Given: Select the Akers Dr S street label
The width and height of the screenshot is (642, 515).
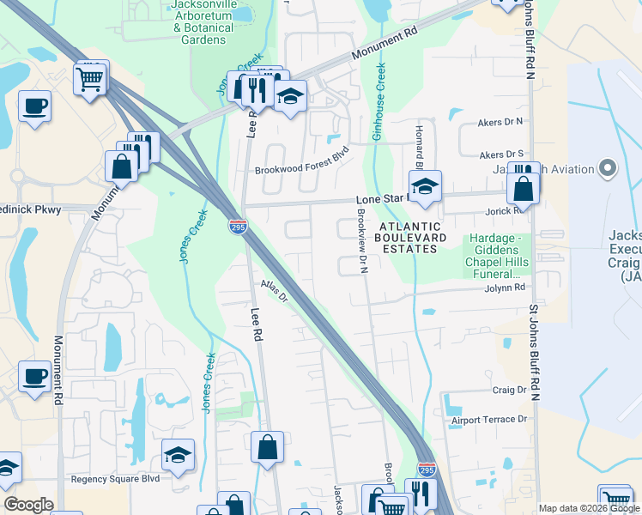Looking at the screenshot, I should (501, 154).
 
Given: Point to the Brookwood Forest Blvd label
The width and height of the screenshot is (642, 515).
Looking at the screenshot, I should (302, 169).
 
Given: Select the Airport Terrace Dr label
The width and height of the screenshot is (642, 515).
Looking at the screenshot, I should (485, 419).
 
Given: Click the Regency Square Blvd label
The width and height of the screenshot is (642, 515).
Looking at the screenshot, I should (115, 480).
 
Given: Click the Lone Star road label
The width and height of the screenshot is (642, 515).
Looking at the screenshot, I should (380, 199).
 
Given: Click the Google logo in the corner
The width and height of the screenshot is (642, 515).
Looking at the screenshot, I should (28, 505).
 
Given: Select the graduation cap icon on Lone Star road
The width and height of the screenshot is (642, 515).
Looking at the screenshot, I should (424, 187).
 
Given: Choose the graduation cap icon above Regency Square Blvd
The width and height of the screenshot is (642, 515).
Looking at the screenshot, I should (178, 455).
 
